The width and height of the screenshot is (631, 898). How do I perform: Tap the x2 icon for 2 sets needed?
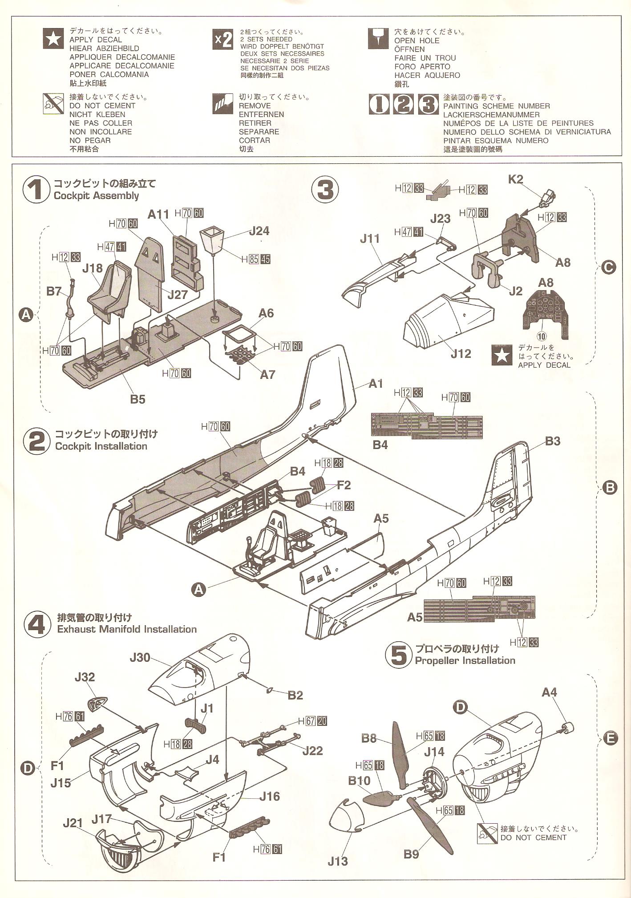pos(223,40)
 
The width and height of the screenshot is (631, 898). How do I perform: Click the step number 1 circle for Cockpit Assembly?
pos(35,190)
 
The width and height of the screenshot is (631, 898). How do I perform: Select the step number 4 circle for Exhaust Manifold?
pos(36,623)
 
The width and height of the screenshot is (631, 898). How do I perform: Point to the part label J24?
pos(259,231)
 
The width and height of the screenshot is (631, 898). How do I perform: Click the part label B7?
pos(54,291)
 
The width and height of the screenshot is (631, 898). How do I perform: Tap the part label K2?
pos(515,179)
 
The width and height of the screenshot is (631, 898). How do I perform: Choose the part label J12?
pos(461,353)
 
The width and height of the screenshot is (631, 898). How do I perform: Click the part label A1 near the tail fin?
pos(376,384)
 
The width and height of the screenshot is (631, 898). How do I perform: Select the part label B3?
pos(552,441)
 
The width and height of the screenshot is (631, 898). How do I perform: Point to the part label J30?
pos(140,657)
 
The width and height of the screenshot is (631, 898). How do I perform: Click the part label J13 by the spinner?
pos(337,874)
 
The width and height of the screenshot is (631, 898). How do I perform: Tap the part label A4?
pos(549,692)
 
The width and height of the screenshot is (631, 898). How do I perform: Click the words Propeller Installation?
pos(465,660)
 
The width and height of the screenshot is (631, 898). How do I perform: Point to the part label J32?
pos(85,677)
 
